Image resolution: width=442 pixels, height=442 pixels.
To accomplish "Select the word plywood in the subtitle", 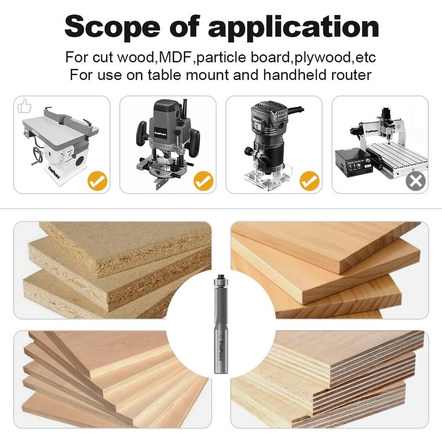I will click(x=313, y=57).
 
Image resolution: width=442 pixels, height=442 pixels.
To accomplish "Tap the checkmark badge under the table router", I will click(x=98, y=180).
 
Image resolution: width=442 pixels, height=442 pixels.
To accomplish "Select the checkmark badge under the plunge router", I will click(x=204, y=180).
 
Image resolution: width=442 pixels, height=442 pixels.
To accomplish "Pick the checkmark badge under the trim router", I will click(x=309, y=180).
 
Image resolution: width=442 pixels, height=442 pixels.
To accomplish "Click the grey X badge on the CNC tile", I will click(x=415, y=181).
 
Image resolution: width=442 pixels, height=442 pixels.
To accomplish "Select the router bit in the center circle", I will click(x=221, y=326).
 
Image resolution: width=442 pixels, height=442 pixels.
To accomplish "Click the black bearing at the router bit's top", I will click(x=220, y=275).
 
